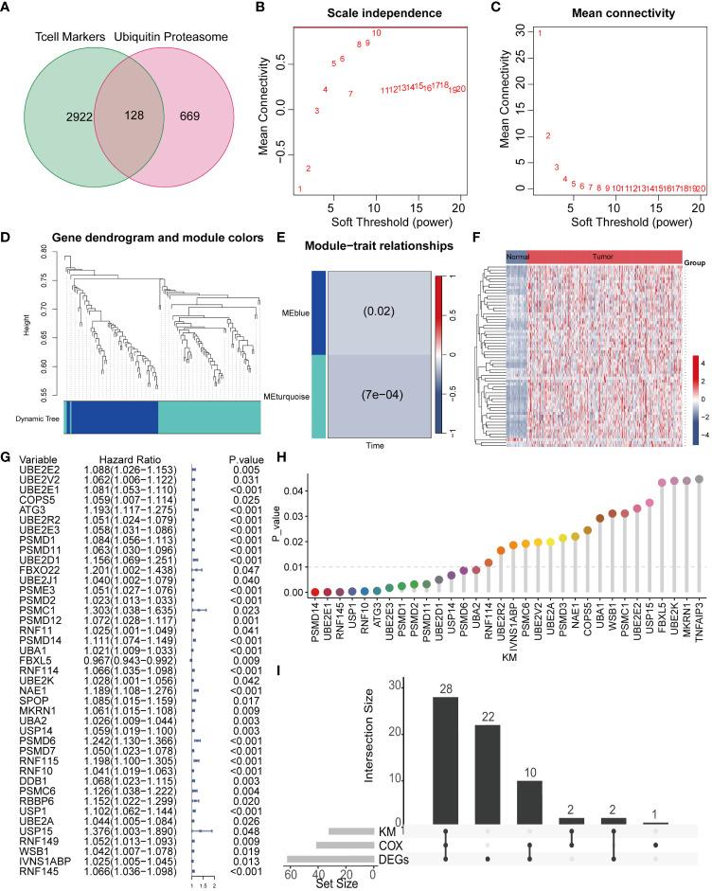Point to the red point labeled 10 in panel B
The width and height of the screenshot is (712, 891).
pos(377,33)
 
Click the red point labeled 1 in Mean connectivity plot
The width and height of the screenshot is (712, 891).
pos(540,34)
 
